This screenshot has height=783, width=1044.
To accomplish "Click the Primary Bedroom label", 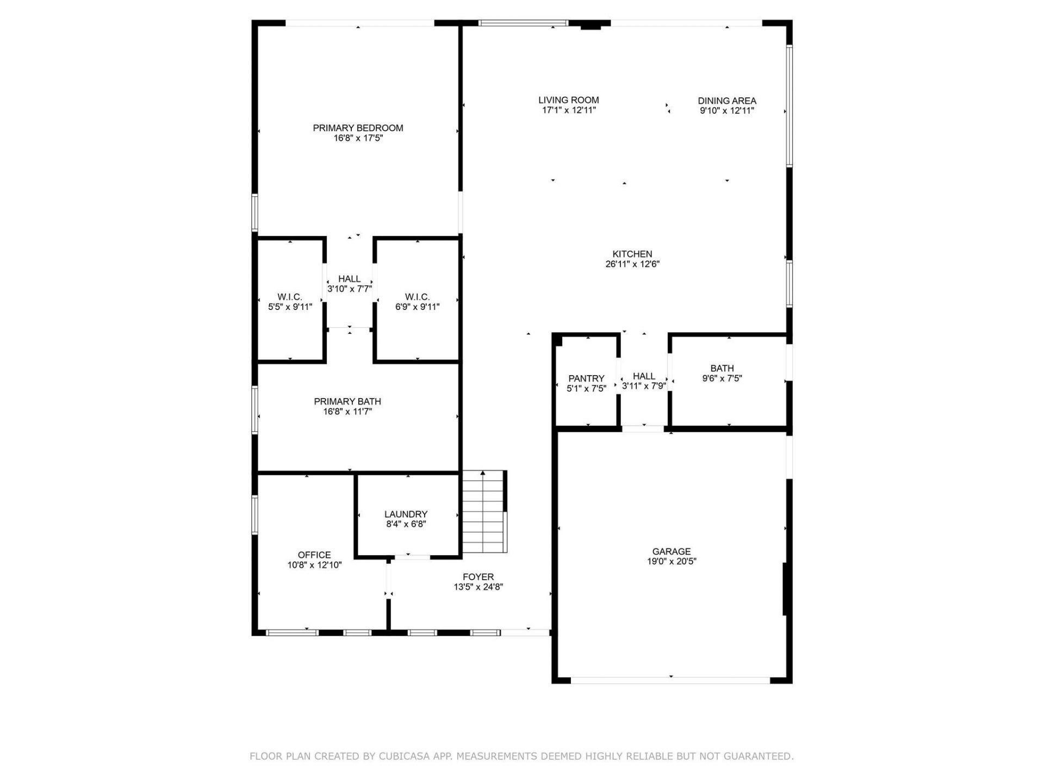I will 358,128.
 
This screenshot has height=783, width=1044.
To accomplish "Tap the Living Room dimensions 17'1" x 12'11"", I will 569,110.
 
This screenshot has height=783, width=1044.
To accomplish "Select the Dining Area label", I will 727,101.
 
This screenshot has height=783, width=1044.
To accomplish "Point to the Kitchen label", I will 632,254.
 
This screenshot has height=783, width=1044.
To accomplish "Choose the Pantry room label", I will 586,378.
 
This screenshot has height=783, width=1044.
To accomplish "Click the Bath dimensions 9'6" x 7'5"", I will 722,378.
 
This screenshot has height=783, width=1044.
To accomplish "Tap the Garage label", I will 672,551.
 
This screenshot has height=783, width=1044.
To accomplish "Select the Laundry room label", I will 406,514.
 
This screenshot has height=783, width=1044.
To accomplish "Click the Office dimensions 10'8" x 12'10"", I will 314,565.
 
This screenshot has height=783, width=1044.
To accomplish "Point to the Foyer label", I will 478,577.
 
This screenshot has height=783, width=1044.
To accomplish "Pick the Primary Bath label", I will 347,401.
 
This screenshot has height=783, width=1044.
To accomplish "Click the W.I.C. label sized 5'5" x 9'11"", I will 290,297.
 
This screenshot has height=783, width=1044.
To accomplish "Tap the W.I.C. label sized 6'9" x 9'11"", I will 417,297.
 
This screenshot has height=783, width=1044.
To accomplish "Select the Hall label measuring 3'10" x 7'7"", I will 349,279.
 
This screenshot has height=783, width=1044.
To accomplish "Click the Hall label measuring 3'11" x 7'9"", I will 644,376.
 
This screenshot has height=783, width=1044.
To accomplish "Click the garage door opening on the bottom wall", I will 670,680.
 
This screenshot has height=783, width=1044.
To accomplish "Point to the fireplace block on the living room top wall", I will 591,25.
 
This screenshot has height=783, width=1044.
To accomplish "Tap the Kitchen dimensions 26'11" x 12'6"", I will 632,264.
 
